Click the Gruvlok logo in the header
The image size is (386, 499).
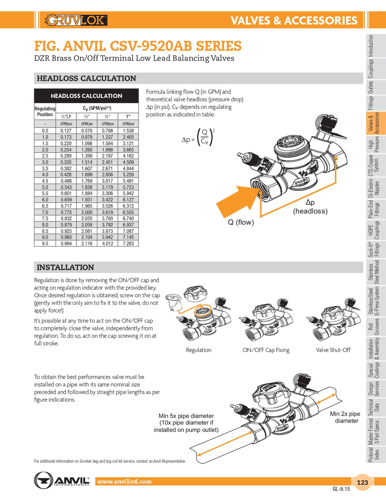pyautogui.click(x=76, y=20)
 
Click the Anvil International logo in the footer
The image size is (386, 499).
pyautogui.click(x=62, y=480)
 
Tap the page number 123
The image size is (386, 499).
pyautogui.click(x=362, y=482)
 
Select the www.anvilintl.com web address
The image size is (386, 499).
pyautogui.click(x=124, y=481)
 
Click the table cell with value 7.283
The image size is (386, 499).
pyautogui.click(x=128, y=244)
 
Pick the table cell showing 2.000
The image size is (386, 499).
pyautogui.click(x=87, y=212)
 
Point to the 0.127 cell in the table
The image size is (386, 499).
pyautogui.click(x=66, y=131)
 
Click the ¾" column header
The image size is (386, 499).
pyautogui.click(x=107, y=117)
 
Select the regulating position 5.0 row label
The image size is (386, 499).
pyautogui.click(x=45, y=188)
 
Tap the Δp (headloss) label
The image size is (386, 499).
pyautogui.click(x=310, y=207)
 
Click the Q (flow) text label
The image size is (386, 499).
pyautogui.click(x=241, y=223)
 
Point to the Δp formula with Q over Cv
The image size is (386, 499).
pyautogui.click(x=199, y=138)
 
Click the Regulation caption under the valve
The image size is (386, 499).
pyautogui.click(x=198, y=350)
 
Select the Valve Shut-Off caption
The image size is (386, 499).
pyautogui.click(x=333, y=350)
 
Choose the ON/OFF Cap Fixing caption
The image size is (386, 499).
pyautogui.click(x=266, y=350)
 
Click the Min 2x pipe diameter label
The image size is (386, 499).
pyautogui.click(x=345, y=417)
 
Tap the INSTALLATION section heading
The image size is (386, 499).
pyautogui.click(x=65, y=267)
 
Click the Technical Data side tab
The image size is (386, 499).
pyautogui.click(x=374, y=407)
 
